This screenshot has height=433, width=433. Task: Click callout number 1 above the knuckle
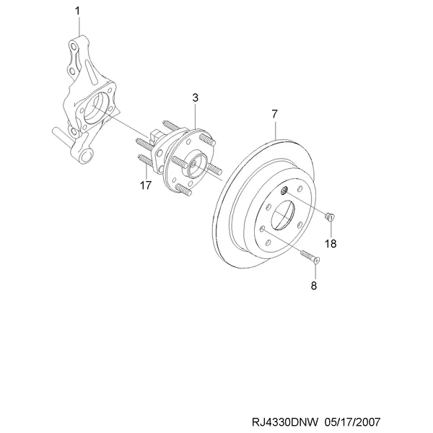pyautogui.click(x=77, y=11)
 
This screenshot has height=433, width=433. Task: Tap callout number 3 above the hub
pyautogui.click(x=196, y=97)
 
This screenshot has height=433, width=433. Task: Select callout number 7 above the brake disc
pyautogui.click(x=274, y=114)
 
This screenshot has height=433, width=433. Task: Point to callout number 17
pyautogui.click(x=146, y=185)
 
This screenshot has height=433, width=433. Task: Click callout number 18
pyautogui.click(x=331, y=244)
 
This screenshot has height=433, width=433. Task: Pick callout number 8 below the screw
pyautogui.click(x=314, y=286)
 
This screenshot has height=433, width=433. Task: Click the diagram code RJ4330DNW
pyautogui.click(x=285, y=422)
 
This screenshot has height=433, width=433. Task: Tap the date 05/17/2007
pyautogui.click(x=353, y=422)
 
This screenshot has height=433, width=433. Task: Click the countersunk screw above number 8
pyautogui.click(x=310, y=256)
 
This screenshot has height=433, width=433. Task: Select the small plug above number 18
pyautogui.click(x=330, y=216)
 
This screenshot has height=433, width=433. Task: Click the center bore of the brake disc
pyautogui.click(x=282, y=215)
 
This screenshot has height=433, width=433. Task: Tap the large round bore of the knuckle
pyautogui.click(x=95, y=108)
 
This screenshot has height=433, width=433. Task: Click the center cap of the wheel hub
pyautogui.click(x=196, y=164)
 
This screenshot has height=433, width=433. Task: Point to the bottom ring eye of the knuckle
pyautogui.click(x=86, y=155)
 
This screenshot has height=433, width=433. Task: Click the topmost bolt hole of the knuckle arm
pyautogui.click(x=73, y=45)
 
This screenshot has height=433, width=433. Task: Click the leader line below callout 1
pyautogui.click(x=79, y=26)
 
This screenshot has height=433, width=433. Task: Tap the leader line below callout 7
pyautogui.click(x=276, y=130)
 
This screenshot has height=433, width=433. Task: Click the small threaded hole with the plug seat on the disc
pyautogui.click(x=284, y=190)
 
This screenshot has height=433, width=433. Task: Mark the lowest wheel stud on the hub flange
pyautogui.click(x=183, y=190)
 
